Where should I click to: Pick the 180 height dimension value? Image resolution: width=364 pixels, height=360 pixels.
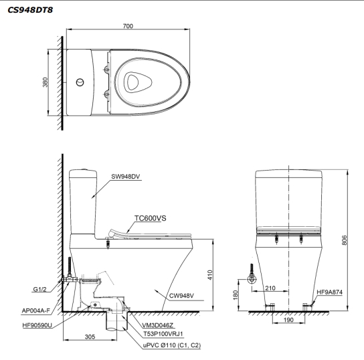[x=236, y=294]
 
